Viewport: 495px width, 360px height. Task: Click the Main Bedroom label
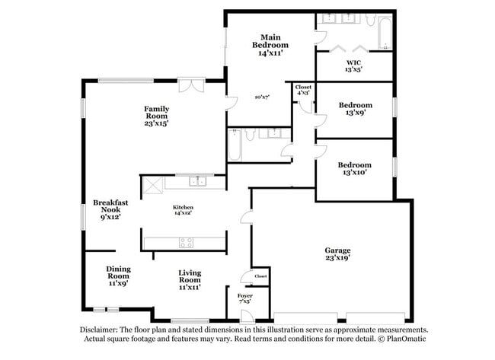tap(270, 45)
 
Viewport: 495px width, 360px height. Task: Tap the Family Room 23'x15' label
tap(156, 115)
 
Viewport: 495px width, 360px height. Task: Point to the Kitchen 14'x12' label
tap(183, 210)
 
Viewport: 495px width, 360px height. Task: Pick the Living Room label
tap(190, 279)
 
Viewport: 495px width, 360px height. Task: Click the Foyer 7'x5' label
tap(245, 298)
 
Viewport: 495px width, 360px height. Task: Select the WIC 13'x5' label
tap(353, 65)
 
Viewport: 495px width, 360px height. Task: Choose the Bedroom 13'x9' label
tap(355, 109)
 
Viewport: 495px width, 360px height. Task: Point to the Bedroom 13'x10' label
tap(355, 168)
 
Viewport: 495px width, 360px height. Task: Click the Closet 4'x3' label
tap(303, 90)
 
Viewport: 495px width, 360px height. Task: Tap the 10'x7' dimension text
tap(262, 97)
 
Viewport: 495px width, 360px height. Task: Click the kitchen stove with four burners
tap(186, 243)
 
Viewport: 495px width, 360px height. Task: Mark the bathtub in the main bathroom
tap(382, 33)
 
